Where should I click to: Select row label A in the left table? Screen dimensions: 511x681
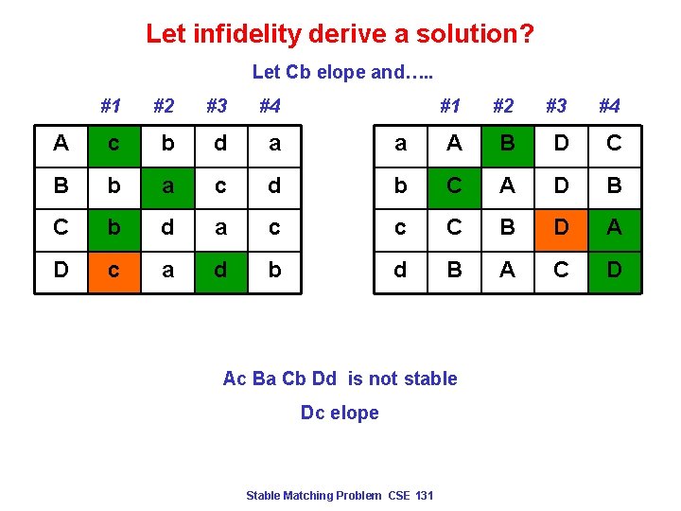coord(61,143)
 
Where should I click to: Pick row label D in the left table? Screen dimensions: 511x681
coord(61,271)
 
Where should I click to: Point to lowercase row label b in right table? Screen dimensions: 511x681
coord(400,185)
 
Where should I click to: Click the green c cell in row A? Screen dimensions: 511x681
coord(114,143)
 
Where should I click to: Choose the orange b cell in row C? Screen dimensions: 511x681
coord(114,228)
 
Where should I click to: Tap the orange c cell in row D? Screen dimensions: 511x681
coord(114,271)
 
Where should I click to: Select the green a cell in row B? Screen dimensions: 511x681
coord(167,185)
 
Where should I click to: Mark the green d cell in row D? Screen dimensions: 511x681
coord(220,271)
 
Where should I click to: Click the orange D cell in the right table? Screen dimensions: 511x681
coord(561,228)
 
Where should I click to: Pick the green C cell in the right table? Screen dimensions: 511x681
coord(454,185)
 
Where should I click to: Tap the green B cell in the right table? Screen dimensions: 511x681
coord(508,143)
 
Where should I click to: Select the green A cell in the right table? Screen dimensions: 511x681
coord(614,228)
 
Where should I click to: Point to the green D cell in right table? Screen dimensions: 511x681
coord(614,271)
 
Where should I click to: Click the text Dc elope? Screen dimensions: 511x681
coord(340,413)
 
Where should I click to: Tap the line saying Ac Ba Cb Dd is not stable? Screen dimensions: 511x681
coord(340,379)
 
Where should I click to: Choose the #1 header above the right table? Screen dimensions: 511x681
coord(451,105)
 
